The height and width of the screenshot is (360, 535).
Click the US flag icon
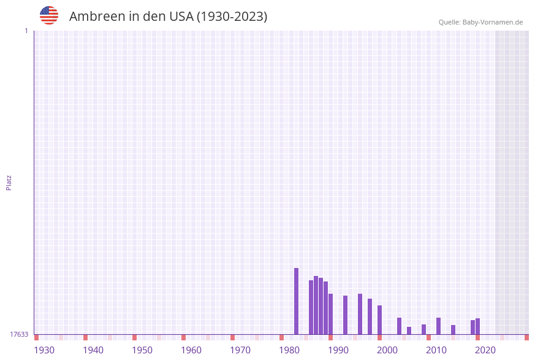pyautogui.click(x=49, y=15)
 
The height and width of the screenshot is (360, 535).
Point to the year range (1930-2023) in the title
pyautogui.click(x=232, y=17)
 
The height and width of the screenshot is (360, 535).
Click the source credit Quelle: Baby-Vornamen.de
pyautogui.click(x=480, y=22)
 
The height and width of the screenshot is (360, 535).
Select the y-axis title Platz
pyautogui.click(x=9, y=182)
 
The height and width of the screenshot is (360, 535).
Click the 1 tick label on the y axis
pyautogui.click(x=26, y=31)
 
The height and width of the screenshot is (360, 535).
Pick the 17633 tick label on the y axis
pyautogui.click(x=19, y=334)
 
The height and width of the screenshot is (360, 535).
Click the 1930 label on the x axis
pyautogui.click(x=44, y=350)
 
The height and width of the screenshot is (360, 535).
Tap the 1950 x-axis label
pyautogui.click(x=142, y=350)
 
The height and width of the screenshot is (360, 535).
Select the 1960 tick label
pyautogui.click(x=191, y=350)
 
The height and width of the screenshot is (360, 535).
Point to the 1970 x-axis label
pyautogui.click(x=240, y=350)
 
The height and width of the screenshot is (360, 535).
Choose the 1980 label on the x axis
pyautogui.click(x=289, y=350)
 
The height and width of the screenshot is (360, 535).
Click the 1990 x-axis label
pyautogui.click(x=338, y=350)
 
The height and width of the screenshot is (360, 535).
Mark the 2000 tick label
pyautogui.click(x=387, y=350)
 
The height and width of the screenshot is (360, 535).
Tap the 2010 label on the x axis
pyautogui.click(x=436, y=350)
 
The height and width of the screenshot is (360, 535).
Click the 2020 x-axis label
pyautogui.click(x=485, y=350)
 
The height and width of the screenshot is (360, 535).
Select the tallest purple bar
pyautogui.click(x=296, y=301)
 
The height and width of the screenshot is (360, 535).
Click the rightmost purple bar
pyautogui.click(x=477, y=326)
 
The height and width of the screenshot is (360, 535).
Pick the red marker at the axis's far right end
pyautogui.click(x=526, y=337)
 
